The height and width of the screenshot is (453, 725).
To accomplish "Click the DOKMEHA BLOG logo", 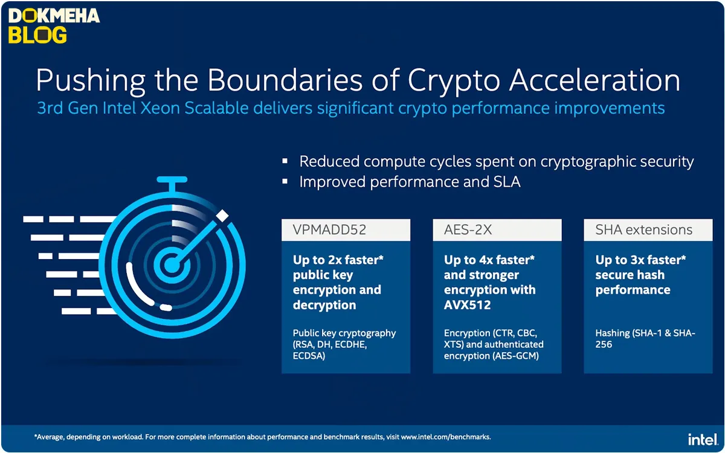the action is (x=54, y=25).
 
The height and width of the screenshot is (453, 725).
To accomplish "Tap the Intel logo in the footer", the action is (x=703, y=440).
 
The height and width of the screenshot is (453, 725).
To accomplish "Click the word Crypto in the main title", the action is (x=454, y=81).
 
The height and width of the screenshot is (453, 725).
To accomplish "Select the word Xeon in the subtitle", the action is (x=160, y=108).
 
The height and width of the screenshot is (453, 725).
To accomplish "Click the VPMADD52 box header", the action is (x=346, y=230).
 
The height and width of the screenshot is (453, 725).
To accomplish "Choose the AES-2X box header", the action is (x=497, y=230).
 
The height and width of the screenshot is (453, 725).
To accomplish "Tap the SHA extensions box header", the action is (x=648, y=230).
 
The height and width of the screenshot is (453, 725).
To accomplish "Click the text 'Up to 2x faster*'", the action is (x=338, y=260).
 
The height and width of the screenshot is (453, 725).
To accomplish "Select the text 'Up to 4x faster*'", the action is (x=489, y=260).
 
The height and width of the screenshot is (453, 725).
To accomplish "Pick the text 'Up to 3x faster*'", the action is (x=640, y=260).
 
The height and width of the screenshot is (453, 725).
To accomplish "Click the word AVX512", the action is (x=468, y=305).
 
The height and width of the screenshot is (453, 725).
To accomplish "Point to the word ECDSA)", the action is (x=309, y=356).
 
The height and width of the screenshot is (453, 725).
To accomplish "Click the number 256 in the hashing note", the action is (x=604, y=344).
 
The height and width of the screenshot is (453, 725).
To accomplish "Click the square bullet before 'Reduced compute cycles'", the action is (x=285, y=161).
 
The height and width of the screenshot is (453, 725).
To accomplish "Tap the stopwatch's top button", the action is (x=172, y=179).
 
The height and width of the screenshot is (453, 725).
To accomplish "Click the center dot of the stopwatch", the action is (x=172, y=265).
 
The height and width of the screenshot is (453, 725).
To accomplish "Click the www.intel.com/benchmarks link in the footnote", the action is (x=446, y=437).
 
